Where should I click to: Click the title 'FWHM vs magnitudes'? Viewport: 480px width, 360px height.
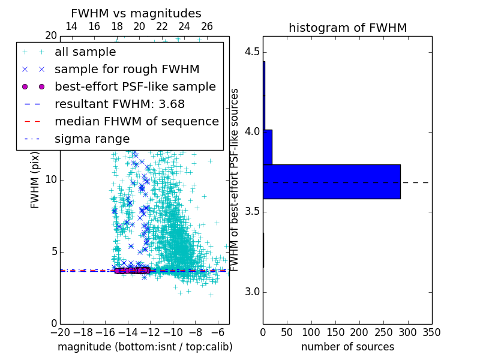tap(136, 14)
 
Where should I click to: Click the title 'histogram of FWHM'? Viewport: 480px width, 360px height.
tap(347, 28)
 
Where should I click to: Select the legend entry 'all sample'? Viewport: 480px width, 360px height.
tap(85, 52)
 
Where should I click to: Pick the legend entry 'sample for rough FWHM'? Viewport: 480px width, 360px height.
tap(127, 69)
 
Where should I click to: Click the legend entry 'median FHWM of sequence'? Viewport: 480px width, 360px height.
tap(136, 121)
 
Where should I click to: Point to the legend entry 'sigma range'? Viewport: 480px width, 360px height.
tap(92, 139)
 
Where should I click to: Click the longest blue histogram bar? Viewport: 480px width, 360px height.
tap(331, 181)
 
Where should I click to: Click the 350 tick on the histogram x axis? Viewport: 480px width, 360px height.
tap(431, 332)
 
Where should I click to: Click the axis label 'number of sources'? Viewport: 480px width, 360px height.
tap(347, 347)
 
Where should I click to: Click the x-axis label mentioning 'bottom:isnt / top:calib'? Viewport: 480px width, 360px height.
tap(145, 347)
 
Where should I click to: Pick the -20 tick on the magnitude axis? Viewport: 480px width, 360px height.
tap(60, 332)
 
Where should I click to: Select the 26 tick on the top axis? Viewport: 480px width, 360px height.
tap(207, 26)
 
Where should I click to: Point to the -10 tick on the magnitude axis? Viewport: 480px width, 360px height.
tap(173, 332)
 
